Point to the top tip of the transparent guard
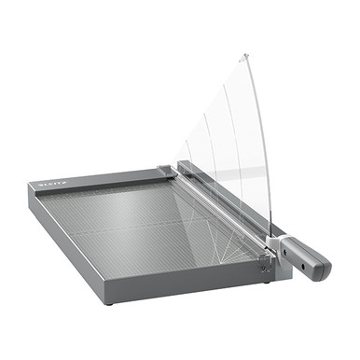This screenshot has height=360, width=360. pyautogui.click(x=244, y=58)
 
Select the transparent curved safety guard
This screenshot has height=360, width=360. pyautogui.click(x=233, y=140)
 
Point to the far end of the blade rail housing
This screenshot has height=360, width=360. pyautogui.click(x=181, y=166)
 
